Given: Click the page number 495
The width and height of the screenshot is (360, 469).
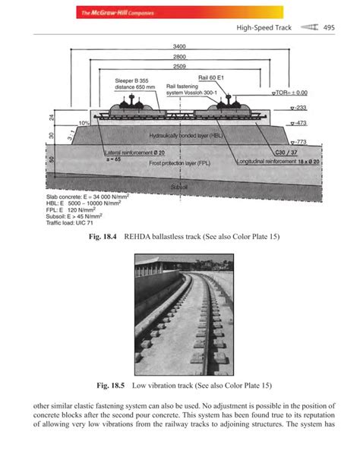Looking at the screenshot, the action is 329,28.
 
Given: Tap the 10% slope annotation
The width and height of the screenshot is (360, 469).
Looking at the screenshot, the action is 74,121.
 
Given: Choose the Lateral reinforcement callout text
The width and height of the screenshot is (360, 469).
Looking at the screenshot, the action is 130,152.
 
